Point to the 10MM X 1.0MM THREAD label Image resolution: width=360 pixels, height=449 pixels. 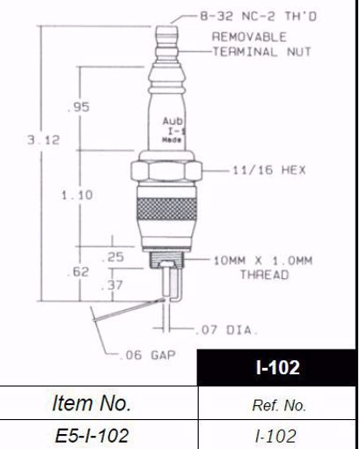[263, 267]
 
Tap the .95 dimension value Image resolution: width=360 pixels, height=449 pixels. [80, 107]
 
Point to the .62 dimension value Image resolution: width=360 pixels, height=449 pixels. [79, 273]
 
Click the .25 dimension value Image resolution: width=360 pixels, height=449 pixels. [114, 256]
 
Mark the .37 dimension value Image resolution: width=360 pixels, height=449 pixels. [114, 286]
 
